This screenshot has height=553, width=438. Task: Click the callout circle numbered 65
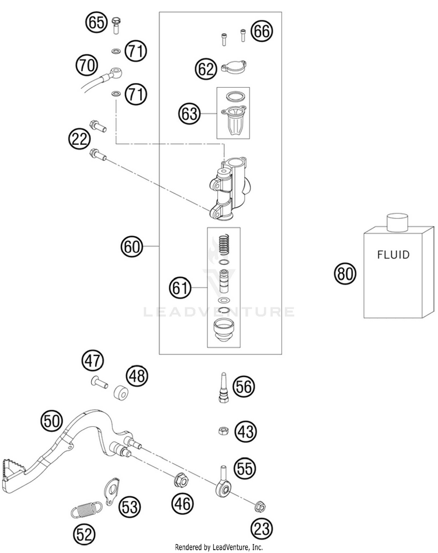[x=96, y=23]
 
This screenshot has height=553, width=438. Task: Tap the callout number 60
[x=132, y=247]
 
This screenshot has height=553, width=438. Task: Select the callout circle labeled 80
[x=345, y=274]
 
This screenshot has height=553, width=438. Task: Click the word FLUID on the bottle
[x=393, y=255]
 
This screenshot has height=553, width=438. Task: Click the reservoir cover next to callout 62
[x=234, y=67]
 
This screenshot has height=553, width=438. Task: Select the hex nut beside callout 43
[x=223, y=430]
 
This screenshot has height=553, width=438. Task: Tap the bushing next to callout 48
[x=121, y=392]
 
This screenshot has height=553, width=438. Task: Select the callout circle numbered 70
[x=86, y=65]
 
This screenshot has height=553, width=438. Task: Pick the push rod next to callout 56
[x=224, y=387]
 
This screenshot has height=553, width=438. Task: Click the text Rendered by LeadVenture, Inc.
[x=219, y=547]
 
